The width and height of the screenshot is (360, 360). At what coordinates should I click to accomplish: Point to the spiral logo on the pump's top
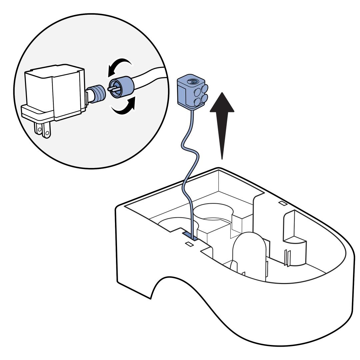(192, 81)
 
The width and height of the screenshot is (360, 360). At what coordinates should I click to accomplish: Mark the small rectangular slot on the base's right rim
(282, 203)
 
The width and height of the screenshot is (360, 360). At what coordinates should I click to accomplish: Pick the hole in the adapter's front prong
(47, 133)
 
